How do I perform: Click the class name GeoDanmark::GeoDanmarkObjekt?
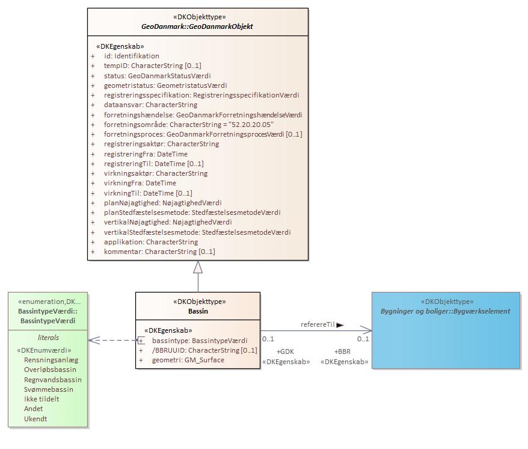(x=197, y=26)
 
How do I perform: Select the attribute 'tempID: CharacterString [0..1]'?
(x=152, y=66)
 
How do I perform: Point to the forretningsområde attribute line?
(x=188, y=124)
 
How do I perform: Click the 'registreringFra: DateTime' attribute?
(x=146, y=154)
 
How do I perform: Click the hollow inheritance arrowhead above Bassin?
(x=198, y=267)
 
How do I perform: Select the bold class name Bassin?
(x=198, y=312)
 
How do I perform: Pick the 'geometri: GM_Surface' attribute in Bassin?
(x=188, y=360)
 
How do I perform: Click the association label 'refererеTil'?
(x=318, y=324)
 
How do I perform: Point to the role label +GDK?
(x=285, y=351)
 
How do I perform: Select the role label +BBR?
(x=342, y=351)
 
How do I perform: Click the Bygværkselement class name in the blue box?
(x=445, y=311)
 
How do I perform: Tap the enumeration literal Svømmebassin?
(x=49, y=389)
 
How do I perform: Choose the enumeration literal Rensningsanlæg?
(x=51, y=360)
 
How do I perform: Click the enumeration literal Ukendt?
(x=35, y=419)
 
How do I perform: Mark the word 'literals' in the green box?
(x=48, y=338)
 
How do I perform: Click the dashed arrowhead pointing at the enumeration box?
(x=93, y=340)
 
